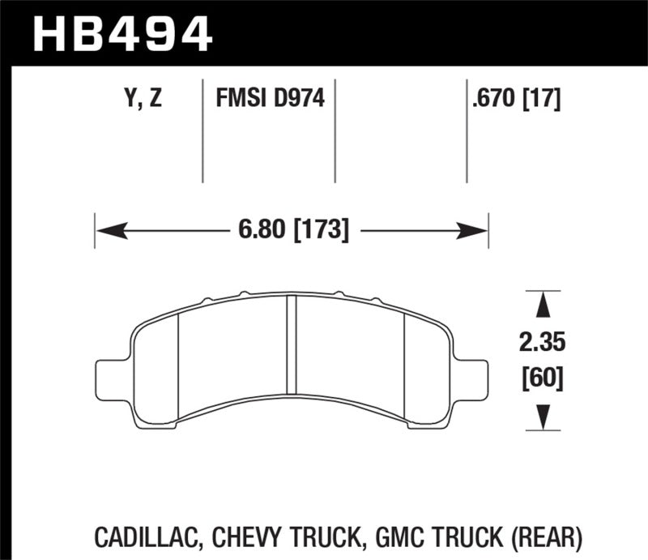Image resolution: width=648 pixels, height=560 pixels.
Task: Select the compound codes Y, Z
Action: pos(143,100)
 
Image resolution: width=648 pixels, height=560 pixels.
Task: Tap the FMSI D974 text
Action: pos(270,100)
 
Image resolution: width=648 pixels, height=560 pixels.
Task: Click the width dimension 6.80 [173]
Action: pos(293,231)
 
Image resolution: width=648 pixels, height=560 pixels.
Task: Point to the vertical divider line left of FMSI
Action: pos(202,130)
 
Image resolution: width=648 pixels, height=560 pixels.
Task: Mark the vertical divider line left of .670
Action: pos(467,130)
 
